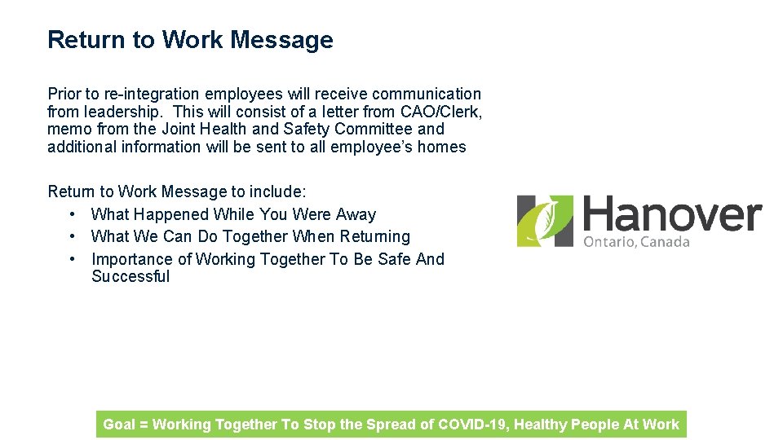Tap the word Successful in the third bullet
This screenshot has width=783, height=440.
coord(130,276)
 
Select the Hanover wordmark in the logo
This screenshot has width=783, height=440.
coord(672,216)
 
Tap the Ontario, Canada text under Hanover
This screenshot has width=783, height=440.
coord(636,242)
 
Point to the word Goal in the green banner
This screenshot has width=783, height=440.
coord(119,424)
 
